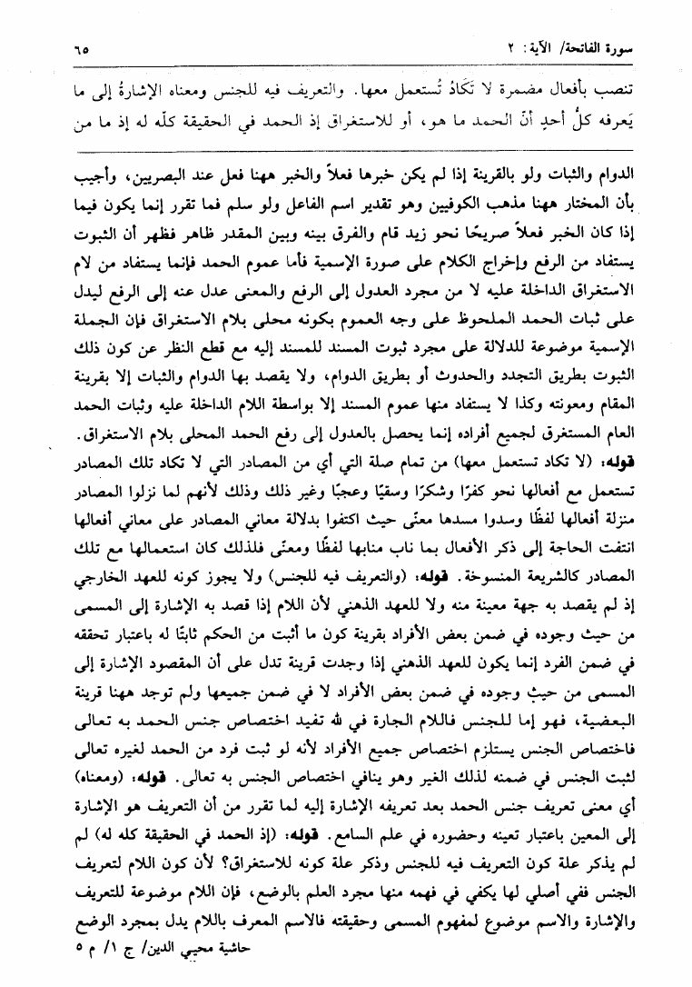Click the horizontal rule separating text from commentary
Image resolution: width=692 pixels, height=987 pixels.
point(346,150)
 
